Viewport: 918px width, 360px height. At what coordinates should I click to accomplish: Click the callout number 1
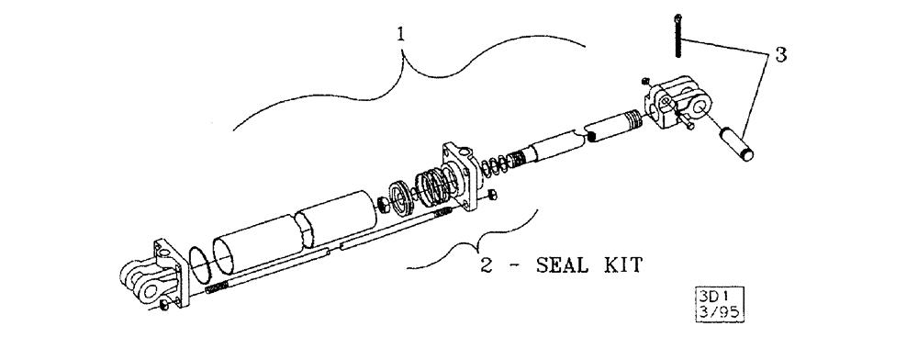pos(399,36)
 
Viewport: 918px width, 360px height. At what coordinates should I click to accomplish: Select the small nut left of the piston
pos(377,203)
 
